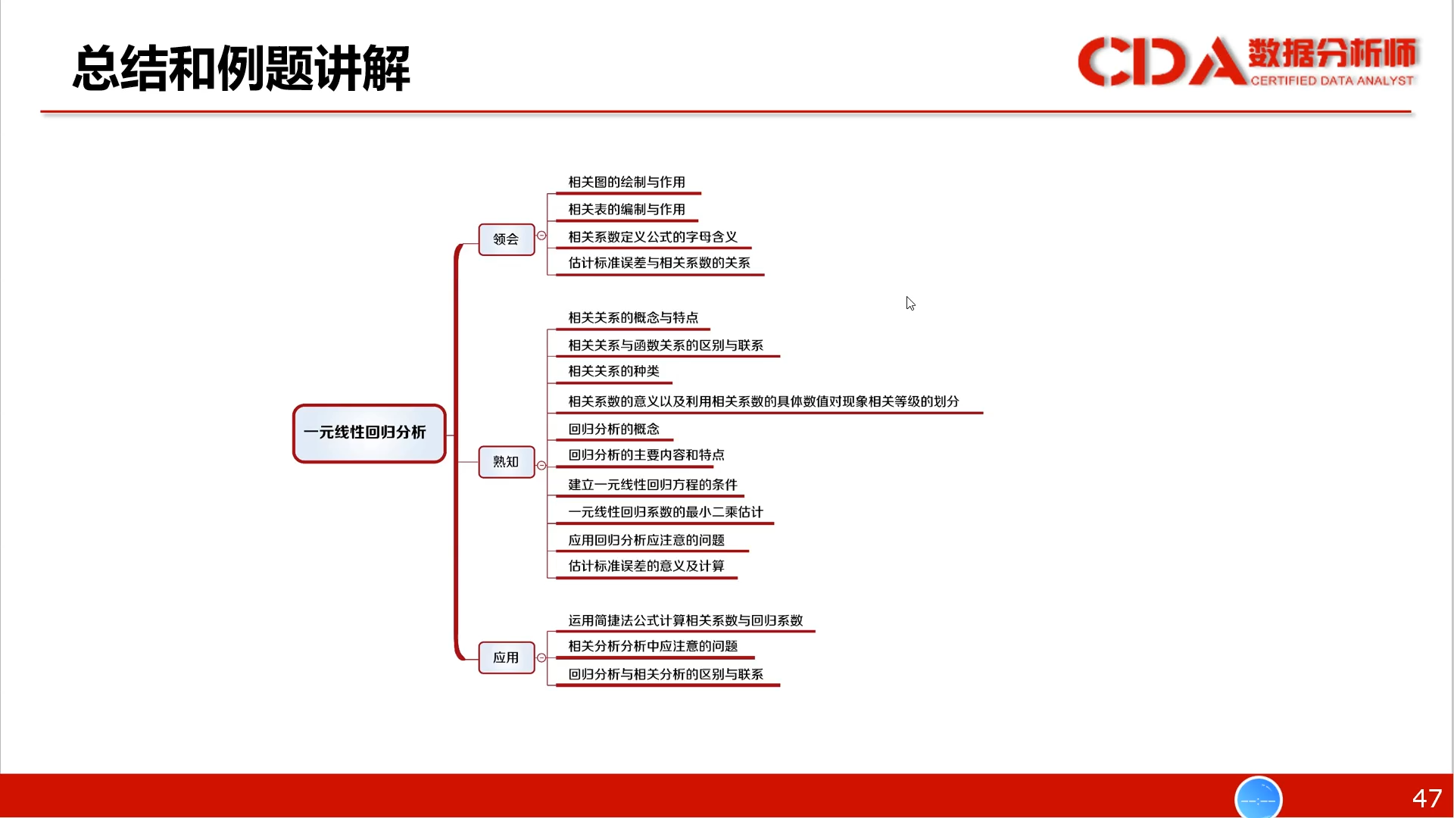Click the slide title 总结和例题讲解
(242, 68)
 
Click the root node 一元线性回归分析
(370, 433)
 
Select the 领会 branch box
(507, 239)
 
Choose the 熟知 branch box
(507, 462)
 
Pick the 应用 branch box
(507, 657)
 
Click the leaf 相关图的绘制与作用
(627, 183)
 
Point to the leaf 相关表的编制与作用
(627, 210)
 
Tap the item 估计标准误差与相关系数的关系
(660, 263)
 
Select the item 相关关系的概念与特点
(634, 318)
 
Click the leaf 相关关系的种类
(614, 371)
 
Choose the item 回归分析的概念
(614, 429)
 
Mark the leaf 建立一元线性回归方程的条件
(653, 485)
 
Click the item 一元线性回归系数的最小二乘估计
(666, 512)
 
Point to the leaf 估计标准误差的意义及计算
(647, 566)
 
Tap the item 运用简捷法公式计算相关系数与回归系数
(686, 621)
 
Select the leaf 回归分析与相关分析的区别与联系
(666, 674)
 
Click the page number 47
(1427, 798)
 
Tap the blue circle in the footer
(1259, 798)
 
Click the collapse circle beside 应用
(541, 657)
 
